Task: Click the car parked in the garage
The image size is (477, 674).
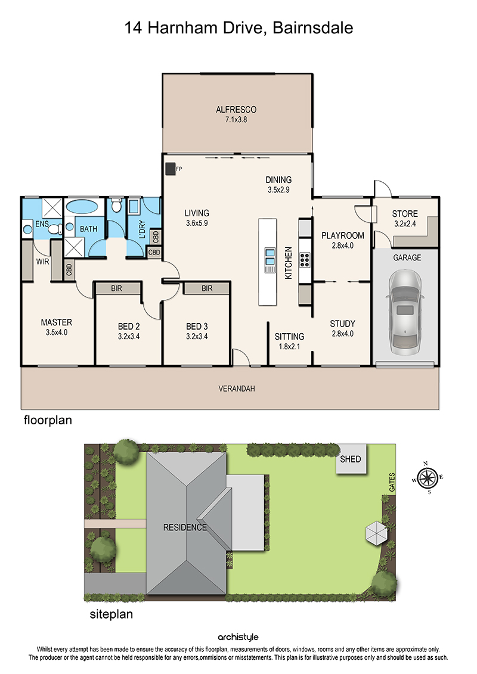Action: (406, 313)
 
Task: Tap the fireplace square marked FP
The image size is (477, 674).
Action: (170, 169)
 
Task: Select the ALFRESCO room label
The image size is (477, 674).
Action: (236, 110)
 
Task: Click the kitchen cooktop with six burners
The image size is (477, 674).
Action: (305, 260)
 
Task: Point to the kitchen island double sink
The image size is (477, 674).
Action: (270, 257)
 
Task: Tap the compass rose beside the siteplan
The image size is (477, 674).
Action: (428, 477)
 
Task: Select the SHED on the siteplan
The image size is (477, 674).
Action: (351, 459)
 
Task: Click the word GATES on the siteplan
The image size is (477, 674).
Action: (392, 482)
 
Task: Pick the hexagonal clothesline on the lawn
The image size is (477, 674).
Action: (377, 533)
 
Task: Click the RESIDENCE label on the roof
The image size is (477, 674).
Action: (185, 527)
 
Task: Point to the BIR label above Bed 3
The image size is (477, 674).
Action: (207, 288)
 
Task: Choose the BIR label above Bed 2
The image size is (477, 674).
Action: (116, 288)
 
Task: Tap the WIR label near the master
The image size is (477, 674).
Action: (42, 262)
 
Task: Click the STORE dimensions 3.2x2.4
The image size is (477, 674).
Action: (405, 224)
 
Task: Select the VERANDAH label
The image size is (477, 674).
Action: (237, 389)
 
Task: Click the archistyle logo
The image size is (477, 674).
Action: (238, 637)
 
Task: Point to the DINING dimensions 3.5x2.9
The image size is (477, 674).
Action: (278, 190)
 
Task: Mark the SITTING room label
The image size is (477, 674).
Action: (289, 337)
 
